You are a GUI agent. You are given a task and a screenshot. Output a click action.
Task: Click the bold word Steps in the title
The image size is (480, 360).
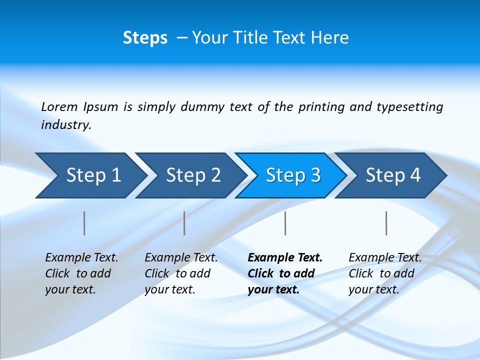tap(145, 38)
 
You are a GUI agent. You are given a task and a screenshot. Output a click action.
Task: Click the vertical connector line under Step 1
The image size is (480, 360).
tap(84, 223)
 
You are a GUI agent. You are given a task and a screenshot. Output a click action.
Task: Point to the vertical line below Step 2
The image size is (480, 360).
tap(184, 223)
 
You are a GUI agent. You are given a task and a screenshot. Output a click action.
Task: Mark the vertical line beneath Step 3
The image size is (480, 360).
tap(285, 223)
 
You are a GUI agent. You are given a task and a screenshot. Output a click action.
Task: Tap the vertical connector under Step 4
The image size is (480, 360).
tap(386, 223)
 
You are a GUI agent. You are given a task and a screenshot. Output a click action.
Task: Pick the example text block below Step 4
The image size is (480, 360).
tap(384, 273)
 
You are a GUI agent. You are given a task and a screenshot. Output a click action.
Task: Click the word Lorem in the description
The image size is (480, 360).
tap(59, 107)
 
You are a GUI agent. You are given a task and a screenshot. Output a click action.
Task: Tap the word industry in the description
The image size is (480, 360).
tap(66, 125)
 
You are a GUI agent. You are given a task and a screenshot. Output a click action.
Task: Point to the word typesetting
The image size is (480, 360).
tap(409, 107)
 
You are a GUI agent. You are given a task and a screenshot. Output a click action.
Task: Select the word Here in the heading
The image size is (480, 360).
tap(330, 38)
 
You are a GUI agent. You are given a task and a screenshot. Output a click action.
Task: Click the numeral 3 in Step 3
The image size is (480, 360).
tap(315, 175)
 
